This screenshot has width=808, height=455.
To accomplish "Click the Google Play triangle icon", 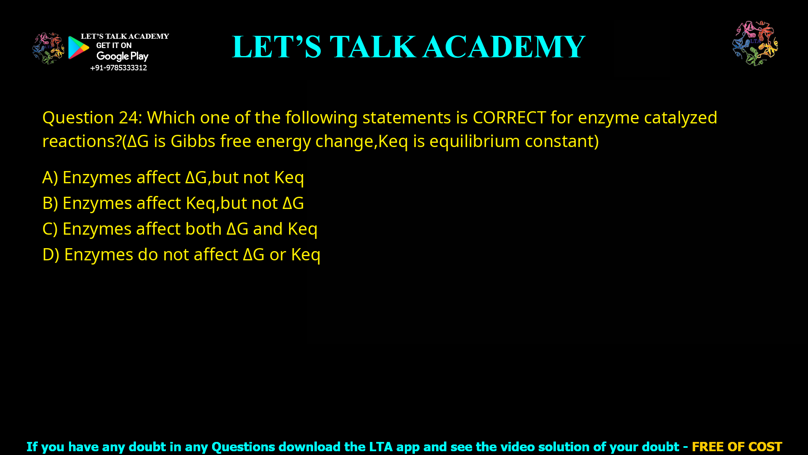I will pos(78,48).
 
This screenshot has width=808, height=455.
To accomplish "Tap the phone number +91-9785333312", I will pos(118,68).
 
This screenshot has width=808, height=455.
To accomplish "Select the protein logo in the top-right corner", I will pos(755,43).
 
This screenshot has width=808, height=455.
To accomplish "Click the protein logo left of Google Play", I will pos(48,48).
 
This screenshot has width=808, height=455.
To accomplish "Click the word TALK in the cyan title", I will pos(373,47).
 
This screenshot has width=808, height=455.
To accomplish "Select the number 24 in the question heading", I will pos(128,118).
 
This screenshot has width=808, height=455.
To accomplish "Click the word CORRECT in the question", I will pos(509,118).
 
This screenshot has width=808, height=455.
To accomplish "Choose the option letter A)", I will pos(50,178).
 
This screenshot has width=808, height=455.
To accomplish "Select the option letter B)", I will pos(50,203).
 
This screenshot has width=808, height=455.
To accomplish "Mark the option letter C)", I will pos(50,229).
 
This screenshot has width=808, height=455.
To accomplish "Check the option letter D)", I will pos(51,255).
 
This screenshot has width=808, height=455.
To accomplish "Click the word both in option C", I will pos(203,229).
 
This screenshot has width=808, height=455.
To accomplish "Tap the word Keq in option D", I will pos(306,255).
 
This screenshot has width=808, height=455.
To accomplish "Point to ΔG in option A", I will pos(196,178).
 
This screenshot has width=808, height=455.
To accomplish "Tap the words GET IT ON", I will pos(114,45).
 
